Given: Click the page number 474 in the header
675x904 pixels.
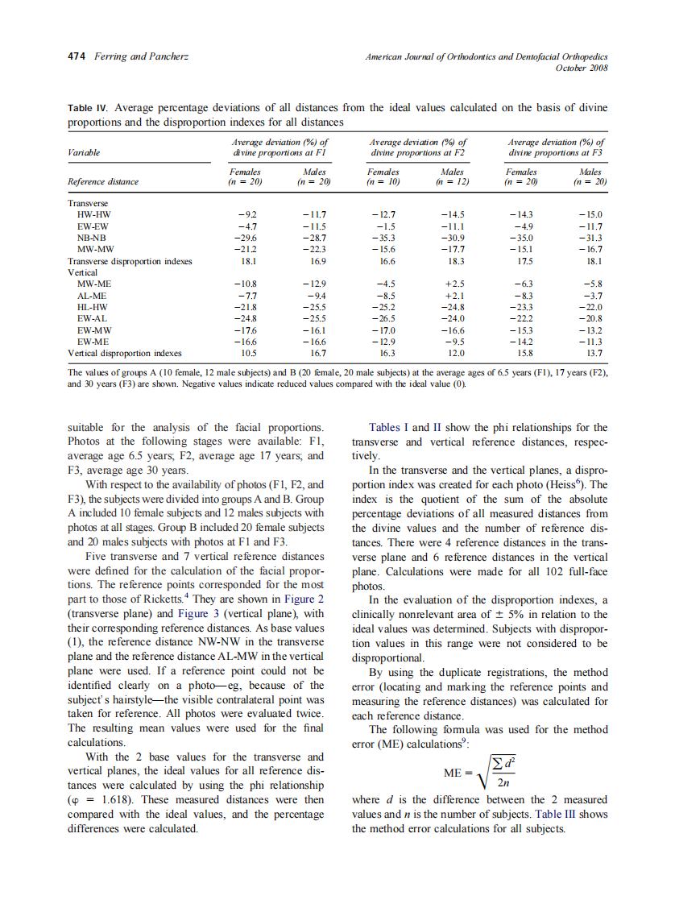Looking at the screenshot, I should click(x=77, y=56).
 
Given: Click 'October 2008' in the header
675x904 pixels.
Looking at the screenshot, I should click(x=582, y=68).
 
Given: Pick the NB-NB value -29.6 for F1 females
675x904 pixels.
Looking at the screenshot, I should click(x=246, y=238).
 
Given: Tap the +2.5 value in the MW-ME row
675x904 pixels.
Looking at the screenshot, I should click(x=453, y=284).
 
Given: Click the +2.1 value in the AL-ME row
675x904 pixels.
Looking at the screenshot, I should click(x=453, y=296).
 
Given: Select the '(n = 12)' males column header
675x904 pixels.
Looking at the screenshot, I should click(x=452, y=182).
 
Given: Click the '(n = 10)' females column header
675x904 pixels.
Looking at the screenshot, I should click(x=382, y=182).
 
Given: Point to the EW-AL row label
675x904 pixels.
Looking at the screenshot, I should click(x=88, y=318).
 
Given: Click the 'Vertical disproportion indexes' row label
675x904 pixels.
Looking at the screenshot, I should click(x=124, y=353).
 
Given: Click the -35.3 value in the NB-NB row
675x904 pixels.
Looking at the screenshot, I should click(x=383, y=238).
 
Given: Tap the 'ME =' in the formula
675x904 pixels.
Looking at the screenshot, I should click(x=456, y=773).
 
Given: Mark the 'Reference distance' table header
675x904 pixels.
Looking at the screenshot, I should click(x=103, y=182).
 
